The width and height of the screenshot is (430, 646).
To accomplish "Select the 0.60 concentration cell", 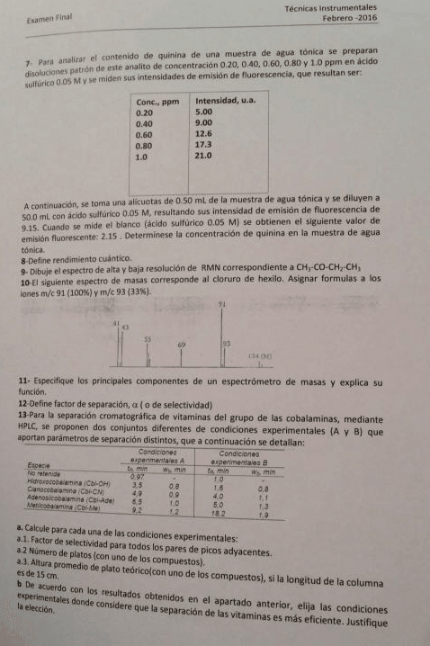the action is pos(144,134).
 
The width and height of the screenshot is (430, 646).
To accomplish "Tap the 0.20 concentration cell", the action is pos(144,112).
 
